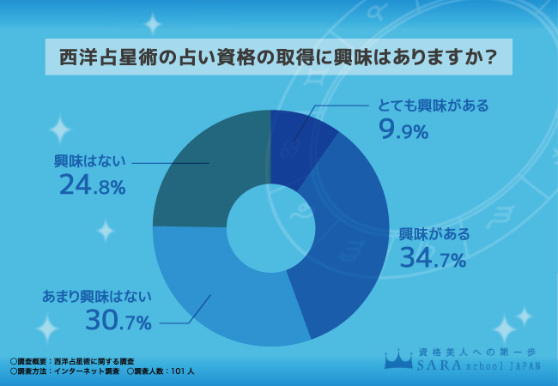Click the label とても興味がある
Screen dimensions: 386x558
point(434,106)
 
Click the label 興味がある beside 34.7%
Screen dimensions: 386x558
point(434,234)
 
